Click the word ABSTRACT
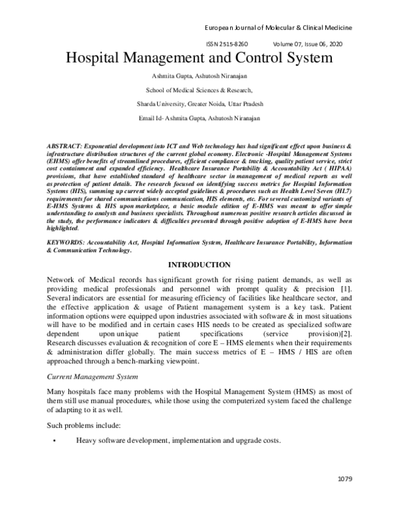click(65, 144)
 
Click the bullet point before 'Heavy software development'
click(51, 441)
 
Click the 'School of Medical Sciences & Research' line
click(199, 89)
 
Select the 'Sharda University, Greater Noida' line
click(199, 104)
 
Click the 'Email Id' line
click(199, 118)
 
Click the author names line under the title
click(199, 75)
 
